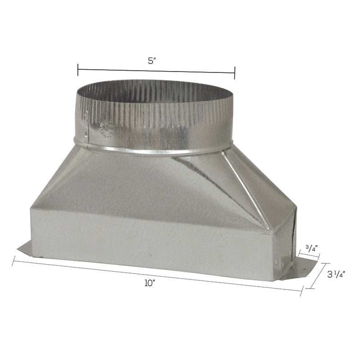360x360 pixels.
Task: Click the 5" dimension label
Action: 151,62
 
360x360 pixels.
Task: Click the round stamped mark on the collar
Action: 107,127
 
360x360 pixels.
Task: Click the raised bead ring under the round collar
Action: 153,150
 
